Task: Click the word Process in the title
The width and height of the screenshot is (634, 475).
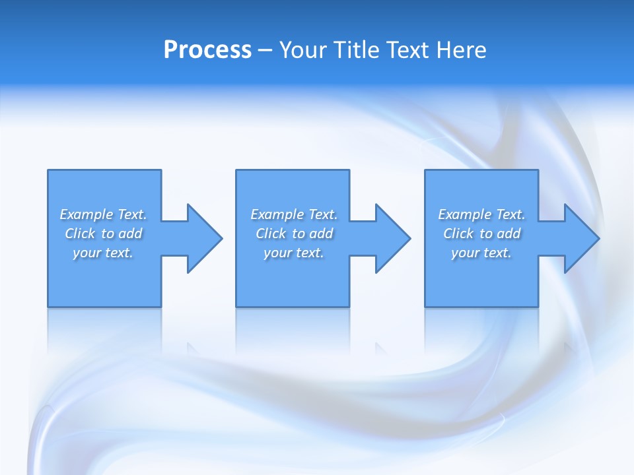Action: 207,50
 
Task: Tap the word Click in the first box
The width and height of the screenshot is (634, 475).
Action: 79,234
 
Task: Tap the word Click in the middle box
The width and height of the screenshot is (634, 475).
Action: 270,234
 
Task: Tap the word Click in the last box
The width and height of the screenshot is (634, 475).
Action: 458,234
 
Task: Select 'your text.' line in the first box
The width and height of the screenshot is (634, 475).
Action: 103,253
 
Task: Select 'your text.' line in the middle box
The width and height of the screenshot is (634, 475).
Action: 294,253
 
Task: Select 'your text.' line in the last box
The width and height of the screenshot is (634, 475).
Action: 481,253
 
